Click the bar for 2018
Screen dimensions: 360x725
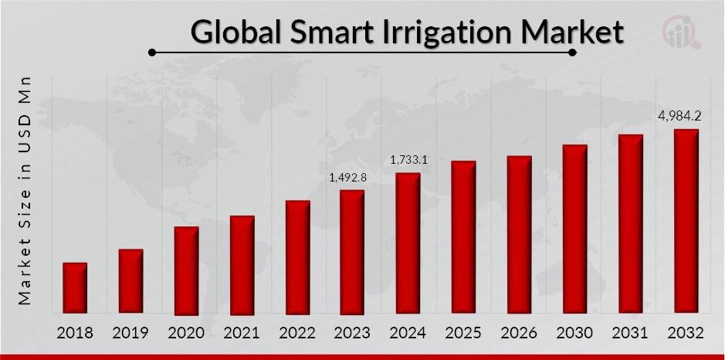click(75, 288)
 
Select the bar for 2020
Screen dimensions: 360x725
click(186, 270)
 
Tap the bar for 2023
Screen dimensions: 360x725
click(352, 252)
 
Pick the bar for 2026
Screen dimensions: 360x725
click(519, 235)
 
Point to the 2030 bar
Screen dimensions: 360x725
click(574, 229)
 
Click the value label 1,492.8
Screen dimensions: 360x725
click(347, 178)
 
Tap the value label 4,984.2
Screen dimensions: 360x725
click(679, 117)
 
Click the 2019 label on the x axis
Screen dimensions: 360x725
click(130, 334)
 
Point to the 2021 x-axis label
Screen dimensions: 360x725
click(242, 334)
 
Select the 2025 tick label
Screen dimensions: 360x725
click(463, 334)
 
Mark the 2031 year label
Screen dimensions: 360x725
click(630, 334)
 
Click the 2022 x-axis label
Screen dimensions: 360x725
click(297, 334)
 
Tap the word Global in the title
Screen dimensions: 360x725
click(235, 32)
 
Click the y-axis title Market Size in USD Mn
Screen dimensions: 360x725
click(25, 189)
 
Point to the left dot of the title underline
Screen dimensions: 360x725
click(153, 53)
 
